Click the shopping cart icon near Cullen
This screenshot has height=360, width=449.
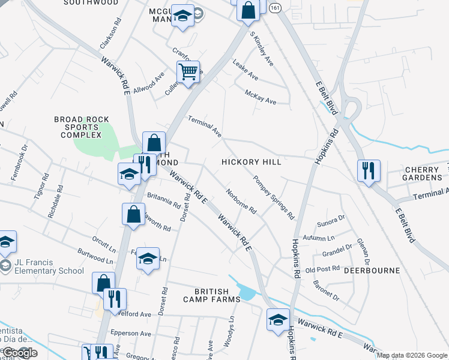(x=188, y=73)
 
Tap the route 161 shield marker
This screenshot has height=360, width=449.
(x=275, y=8)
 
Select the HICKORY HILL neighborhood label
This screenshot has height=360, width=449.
(x=251, y=162)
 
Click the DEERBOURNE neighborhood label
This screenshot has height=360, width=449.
(x=372, y=271)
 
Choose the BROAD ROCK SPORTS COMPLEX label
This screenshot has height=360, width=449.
(x=76, y=127)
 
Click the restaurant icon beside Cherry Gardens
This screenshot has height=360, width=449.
(x=368, y=170)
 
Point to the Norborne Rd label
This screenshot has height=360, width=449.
(x=241, y=202)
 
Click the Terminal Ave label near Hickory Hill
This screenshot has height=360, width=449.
(x=205, y=126)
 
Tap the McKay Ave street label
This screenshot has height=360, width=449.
(x=261, y=97)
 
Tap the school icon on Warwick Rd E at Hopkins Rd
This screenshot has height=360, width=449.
(x=279, y=319)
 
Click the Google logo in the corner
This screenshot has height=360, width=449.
(x=20, y=353)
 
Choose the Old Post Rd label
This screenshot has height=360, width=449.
(x=323, y=269)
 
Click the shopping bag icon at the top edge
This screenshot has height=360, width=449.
(x=248, y=10)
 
